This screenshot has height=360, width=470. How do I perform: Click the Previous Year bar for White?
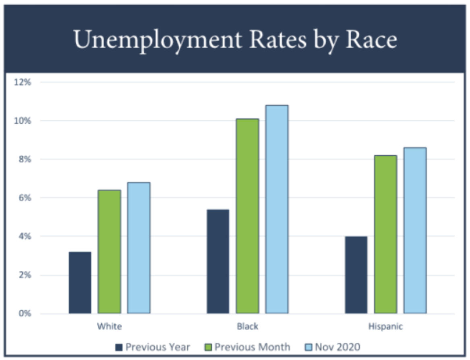pos(80,283)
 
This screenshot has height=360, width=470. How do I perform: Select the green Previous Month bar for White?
pos(109,252)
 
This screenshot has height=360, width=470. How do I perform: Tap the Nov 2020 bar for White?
pos(139,248)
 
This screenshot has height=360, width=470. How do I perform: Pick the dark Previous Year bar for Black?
pos(218,261)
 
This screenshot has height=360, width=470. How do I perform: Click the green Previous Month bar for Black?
pos(247,216)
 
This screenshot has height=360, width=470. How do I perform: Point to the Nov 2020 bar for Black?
pos(277,209)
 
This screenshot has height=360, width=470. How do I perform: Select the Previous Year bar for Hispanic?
pos(356,275)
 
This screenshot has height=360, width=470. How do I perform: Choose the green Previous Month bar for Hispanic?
pos(385,234)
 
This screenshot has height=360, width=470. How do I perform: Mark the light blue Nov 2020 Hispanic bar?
pos(415,230)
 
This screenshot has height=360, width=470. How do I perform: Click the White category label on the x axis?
pos(109,327)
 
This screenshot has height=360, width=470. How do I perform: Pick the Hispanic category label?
pos(385,327)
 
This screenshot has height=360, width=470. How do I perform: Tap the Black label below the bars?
pos(247,327)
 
